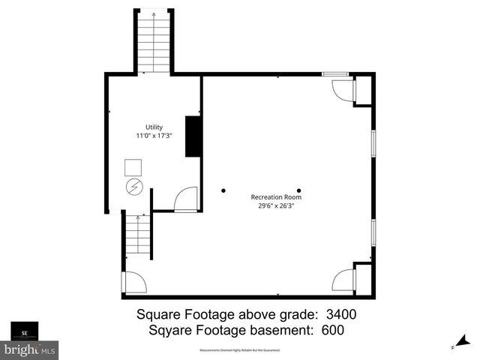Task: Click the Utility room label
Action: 154,127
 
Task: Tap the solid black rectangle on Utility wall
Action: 193,136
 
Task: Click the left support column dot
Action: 223,190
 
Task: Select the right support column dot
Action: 298,190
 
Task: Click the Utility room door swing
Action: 185,200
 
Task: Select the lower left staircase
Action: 139,234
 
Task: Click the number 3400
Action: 340,314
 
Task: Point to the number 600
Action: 334,329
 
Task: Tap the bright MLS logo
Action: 30,349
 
